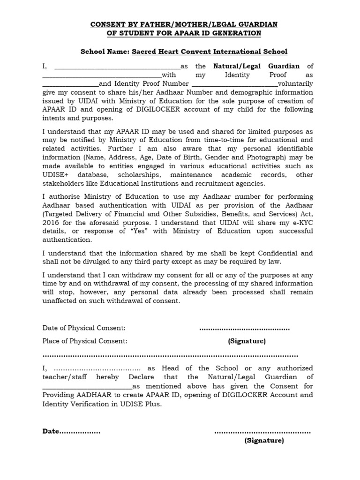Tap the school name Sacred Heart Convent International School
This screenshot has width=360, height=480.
(x=210, y=51)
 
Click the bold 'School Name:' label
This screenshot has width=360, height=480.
(x=105, y=51)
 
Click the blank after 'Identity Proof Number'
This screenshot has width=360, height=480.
(x=239, y=84)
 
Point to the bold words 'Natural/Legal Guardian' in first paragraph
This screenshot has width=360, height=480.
(x=256, y=66)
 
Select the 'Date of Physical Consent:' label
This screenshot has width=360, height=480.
(x=84, y=328)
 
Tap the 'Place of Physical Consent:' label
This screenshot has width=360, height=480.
(x=85, y=341)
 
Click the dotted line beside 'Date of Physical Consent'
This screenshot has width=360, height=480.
(x=244, y=329)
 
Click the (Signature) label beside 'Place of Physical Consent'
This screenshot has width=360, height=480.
(x=247, y=341)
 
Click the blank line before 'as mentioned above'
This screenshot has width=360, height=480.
(x=87, y=387)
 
